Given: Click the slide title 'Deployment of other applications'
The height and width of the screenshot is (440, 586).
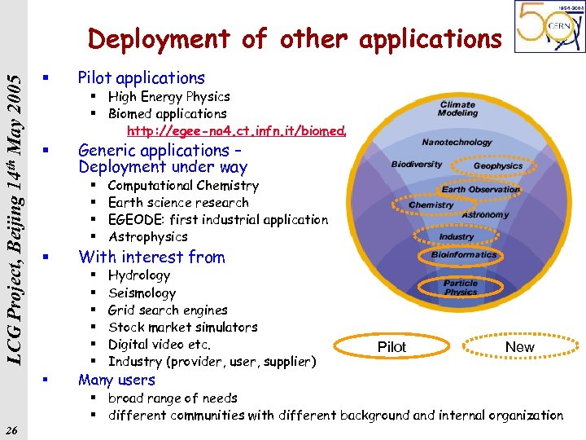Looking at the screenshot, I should click(x=295, y=38).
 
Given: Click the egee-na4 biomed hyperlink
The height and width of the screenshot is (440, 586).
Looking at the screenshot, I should click(x=237, y=131).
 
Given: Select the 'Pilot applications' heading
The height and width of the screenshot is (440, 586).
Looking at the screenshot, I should click(x=141, y=78).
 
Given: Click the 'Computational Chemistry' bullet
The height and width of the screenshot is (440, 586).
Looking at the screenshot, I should click(x=183, y=186).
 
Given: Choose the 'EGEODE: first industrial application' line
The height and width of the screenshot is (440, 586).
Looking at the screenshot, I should click(x=218, y=220).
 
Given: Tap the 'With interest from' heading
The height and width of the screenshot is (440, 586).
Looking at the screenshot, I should click(x=151, y=257).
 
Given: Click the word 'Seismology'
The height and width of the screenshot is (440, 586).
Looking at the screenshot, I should click(x=142, y=293).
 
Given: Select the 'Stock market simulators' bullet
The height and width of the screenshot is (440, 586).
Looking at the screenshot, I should click(x=182, y=328).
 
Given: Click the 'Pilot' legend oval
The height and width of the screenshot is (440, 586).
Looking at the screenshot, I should click(x=392, y=346).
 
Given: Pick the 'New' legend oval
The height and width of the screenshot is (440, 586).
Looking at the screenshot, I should click(x=519, y=346).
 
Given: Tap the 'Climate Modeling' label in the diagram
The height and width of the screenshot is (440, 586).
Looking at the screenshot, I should click(x=458, y=109).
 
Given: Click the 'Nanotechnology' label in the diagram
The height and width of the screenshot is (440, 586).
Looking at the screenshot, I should click(x=457, y=142).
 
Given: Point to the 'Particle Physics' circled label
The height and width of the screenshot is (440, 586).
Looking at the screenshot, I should click(x=461, y=288).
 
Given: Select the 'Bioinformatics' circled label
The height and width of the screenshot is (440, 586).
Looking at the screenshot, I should click(x=464, y=255).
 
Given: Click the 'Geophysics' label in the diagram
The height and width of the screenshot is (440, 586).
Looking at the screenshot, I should click(x=498, y=165).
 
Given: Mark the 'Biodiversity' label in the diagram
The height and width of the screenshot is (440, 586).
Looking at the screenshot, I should click(x=417, y=164).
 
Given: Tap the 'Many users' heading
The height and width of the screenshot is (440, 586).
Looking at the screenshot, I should click(x=116, y=380).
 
